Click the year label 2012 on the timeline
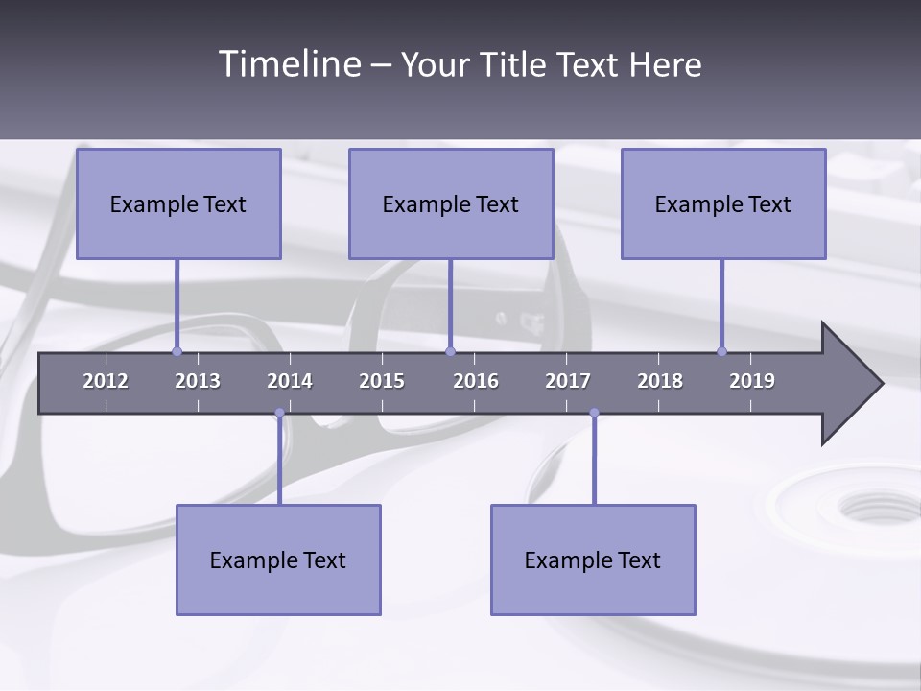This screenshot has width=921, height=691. [106, 381]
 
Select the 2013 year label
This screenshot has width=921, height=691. [198, 381]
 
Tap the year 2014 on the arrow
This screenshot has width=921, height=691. [290, 381]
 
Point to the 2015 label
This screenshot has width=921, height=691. [382, 381]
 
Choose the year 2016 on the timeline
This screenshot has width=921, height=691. [476, 381]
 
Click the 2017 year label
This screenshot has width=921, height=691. [568, 381]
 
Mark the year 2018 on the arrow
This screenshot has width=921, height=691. [660, 381]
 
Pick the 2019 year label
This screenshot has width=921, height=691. [752, 381]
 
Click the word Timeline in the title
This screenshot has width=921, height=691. [287, 64]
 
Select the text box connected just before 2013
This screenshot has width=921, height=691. [178, 203]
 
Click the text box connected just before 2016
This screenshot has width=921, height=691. [451, 203]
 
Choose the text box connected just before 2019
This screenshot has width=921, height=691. [723, 203]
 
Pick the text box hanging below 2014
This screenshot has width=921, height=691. [278, 560]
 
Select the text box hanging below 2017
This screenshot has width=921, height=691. [593, 560]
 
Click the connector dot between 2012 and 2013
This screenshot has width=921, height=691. [177, 351]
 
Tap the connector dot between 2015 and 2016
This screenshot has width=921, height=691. [451, 351]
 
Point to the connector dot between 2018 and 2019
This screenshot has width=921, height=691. [722, 351]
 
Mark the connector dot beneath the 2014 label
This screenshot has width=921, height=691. [279, 413]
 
